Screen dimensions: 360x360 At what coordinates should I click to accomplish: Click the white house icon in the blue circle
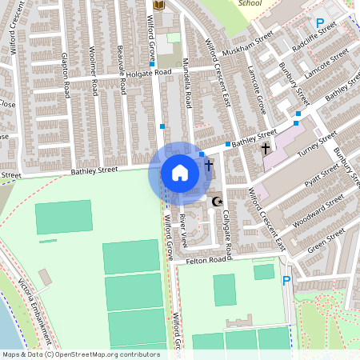click(180, 172)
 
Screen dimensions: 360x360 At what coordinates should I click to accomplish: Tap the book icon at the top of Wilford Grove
click(158, 6)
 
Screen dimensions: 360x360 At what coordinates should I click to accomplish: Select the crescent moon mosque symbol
click(215, 202)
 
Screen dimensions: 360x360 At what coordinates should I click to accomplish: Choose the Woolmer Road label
click(94, 72)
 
